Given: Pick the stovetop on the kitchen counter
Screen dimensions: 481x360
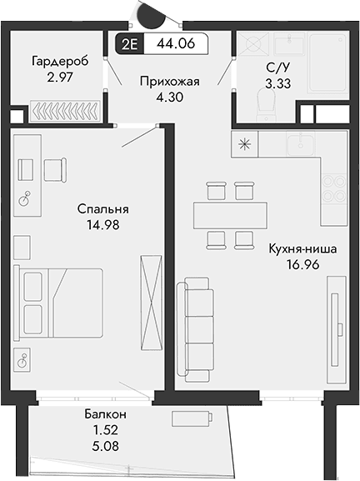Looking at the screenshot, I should [333, 188].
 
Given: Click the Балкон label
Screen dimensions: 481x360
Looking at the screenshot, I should [105, 414].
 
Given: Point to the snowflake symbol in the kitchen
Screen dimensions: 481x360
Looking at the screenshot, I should [244, 143].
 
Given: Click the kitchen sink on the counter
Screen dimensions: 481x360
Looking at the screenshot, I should [299, 145].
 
